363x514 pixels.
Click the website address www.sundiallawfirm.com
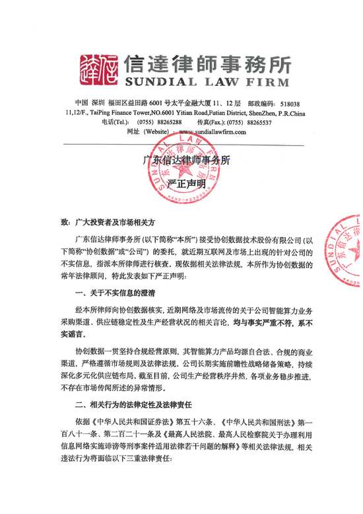[208, 131]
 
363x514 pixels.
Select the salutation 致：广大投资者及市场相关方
[107, 225]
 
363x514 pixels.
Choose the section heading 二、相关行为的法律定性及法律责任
[141, 403]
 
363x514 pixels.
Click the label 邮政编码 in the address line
[261, 104]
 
